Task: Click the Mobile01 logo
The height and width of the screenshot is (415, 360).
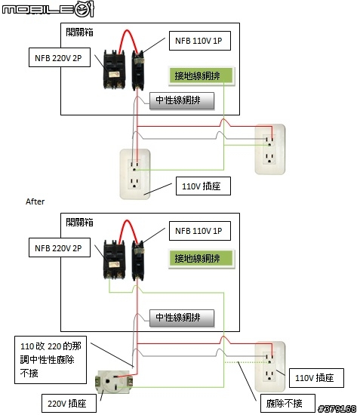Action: tap(48, 9)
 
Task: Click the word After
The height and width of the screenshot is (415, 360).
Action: tap(35, 201)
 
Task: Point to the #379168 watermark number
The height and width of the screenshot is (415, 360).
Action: tap(337, 408)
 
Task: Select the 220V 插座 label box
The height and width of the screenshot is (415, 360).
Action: tap(69, 403)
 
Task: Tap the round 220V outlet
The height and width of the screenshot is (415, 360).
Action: tap(114, 382)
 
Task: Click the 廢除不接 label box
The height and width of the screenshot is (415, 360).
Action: tap(288, 403)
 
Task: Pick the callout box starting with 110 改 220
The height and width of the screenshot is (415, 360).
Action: tap(51, 360)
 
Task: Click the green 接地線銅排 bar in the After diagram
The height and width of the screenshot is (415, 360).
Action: tap(202, 259)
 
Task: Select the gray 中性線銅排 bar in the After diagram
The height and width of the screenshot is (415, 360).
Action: tap(182, 318)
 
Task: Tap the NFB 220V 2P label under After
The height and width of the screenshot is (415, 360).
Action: tap(60, 247)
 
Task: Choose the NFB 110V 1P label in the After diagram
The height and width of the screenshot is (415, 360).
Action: tap(200, 231)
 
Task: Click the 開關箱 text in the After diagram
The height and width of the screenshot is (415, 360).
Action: tap(79, 223)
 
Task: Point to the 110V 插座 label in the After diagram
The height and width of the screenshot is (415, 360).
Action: tap(316, 378)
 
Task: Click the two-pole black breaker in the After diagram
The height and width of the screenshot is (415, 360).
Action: tap(115, 260)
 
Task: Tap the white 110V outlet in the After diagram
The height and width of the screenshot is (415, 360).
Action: tap(270, 367)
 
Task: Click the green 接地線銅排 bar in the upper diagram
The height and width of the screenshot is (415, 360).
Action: tap(202, 76)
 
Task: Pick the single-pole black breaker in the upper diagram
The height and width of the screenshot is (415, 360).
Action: tap(138, 70)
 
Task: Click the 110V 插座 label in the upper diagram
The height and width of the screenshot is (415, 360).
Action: tap(203, 186)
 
